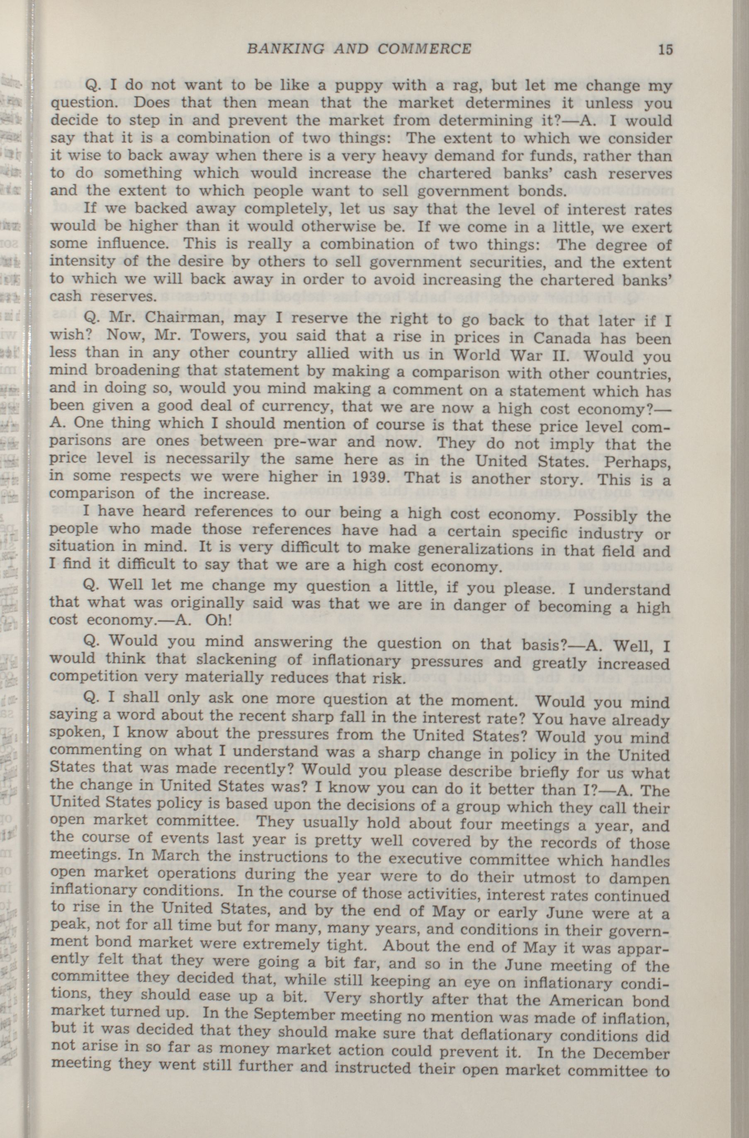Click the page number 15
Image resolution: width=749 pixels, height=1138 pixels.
665,49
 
